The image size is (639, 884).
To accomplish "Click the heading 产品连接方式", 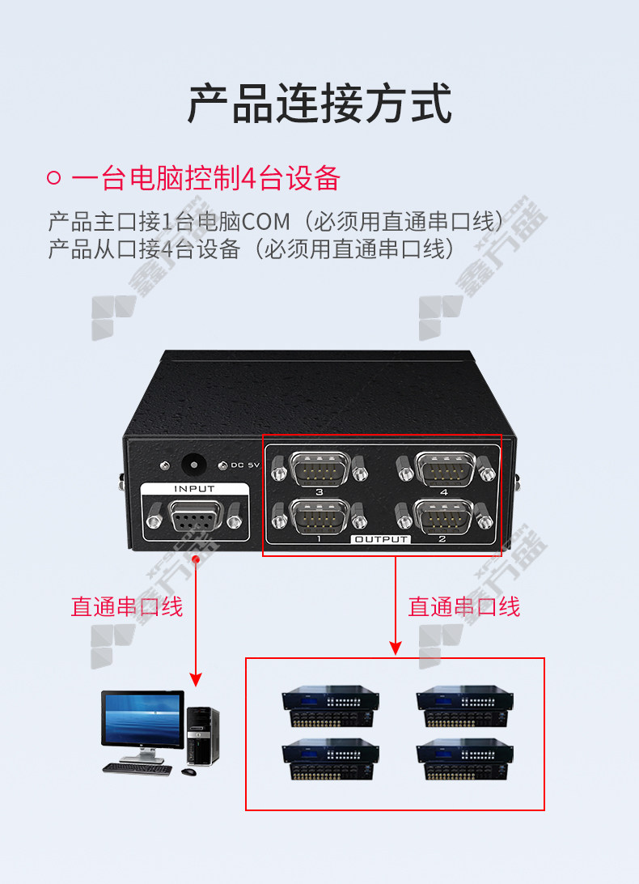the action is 319,103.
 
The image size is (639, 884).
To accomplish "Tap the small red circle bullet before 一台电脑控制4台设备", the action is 53,178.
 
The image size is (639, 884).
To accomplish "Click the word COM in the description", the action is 266,222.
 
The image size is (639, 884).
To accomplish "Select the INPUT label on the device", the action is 194,489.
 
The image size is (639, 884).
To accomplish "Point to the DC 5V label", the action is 245,465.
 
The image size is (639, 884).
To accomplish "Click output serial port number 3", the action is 319,468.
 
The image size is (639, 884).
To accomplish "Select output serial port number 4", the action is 445,468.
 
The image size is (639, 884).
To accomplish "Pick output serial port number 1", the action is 319,516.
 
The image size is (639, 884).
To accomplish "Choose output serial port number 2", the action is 445,516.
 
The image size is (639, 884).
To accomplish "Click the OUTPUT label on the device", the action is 381,539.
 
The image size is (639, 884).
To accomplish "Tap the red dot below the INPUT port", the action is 196,559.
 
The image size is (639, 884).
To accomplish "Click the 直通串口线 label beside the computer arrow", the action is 127,607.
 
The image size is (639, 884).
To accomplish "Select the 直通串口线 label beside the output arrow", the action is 463,607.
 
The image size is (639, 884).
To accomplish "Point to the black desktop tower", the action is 202,736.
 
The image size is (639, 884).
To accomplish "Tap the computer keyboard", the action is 137,768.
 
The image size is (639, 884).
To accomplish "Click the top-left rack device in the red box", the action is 330,706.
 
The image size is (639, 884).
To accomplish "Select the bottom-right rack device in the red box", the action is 465,759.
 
